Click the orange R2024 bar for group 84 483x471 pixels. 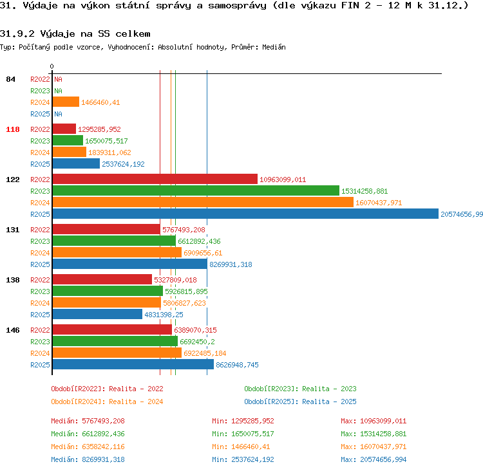click(x=66, y=102)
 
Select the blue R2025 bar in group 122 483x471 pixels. click(x=245, y=214)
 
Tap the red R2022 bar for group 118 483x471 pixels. click(x=64, y=129)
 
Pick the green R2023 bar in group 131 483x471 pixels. click(x=114, y=241)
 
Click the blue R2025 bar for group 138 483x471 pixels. click(x=97, y=314)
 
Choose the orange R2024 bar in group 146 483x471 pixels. click(x=117, y=353)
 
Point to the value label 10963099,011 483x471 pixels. click(x=283, y=180)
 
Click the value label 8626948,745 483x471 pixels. click(x=237, y=365)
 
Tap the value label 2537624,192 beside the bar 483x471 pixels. click(x=123, y=164)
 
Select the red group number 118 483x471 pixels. click(x=13, y=129)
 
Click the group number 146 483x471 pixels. click(x=13, y=330)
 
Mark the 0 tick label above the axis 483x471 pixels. click(x=52, y=66)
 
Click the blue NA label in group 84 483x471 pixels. click(x=58, y=114)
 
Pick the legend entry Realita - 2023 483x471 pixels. click(x=329, y=389)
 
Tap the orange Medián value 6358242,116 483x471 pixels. click(x=103, y=447)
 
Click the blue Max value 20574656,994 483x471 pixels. click(x=383, y=459)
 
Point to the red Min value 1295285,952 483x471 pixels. click(x=252, y=421)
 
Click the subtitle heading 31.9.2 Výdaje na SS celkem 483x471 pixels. click(x=75, y=33)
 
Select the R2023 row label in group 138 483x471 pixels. click(x=40, y=291)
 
